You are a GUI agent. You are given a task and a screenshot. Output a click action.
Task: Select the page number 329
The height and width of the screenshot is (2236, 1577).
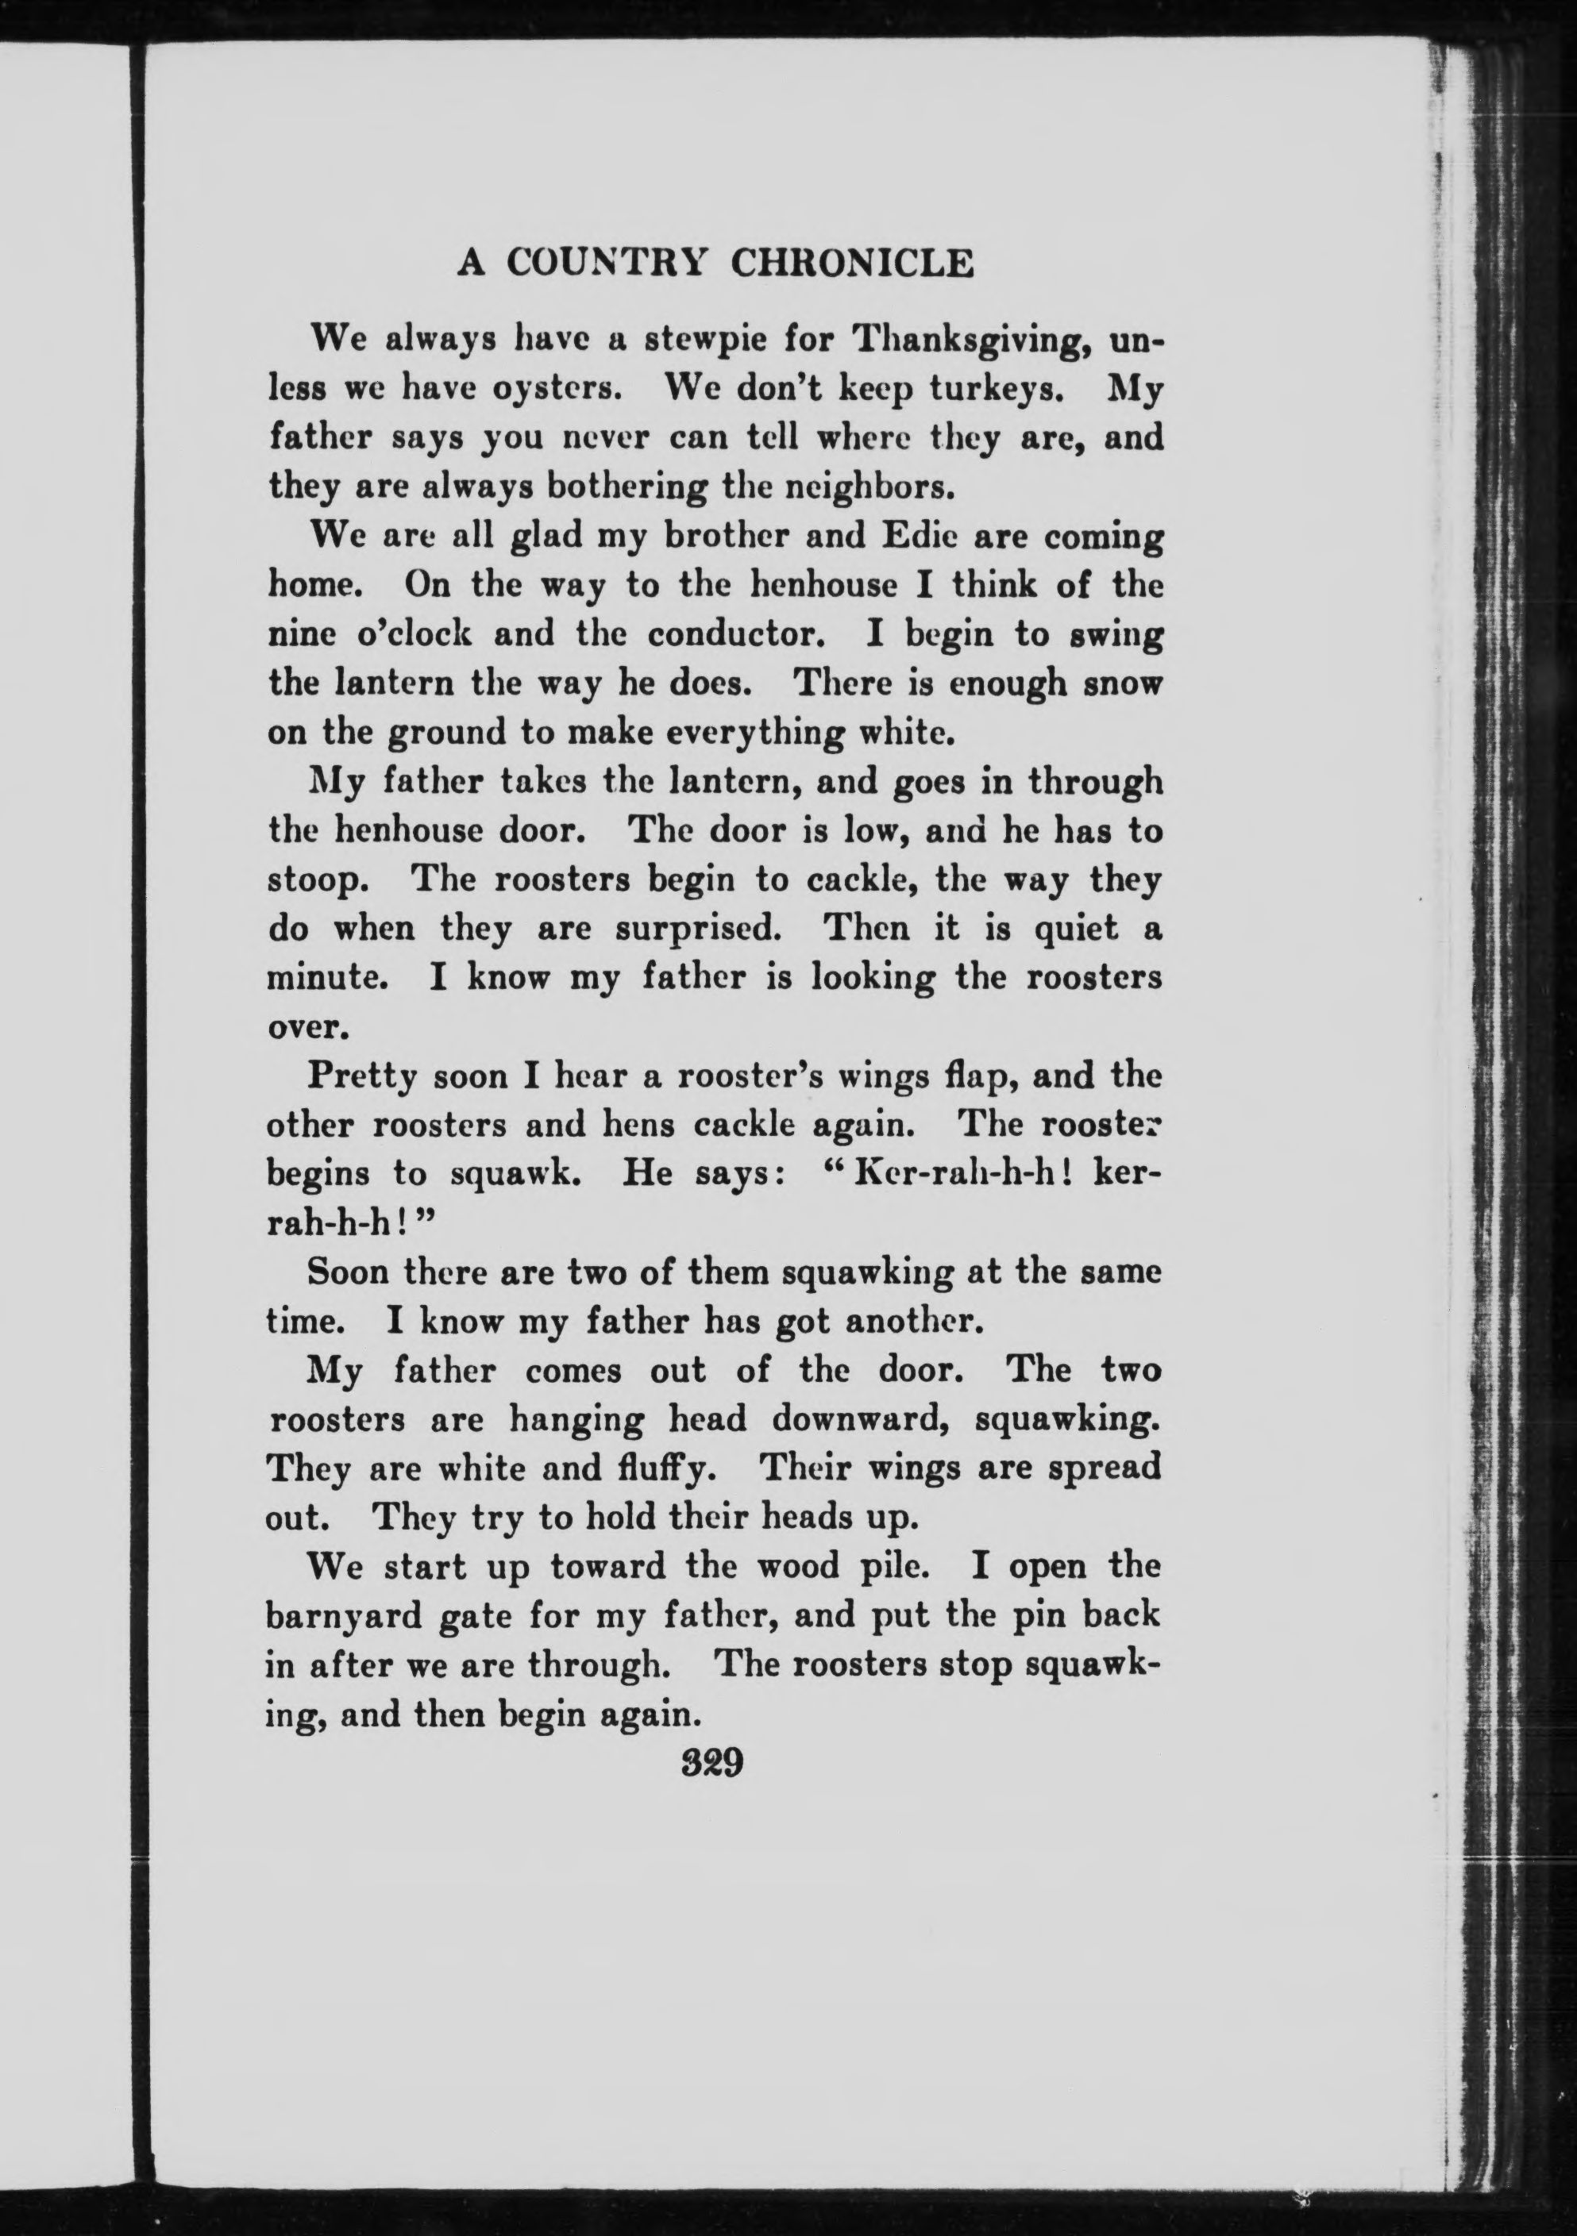pos(714,1763)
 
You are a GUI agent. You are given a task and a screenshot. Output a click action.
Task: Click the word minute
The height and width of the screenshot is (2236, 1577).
pos(327,978)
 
